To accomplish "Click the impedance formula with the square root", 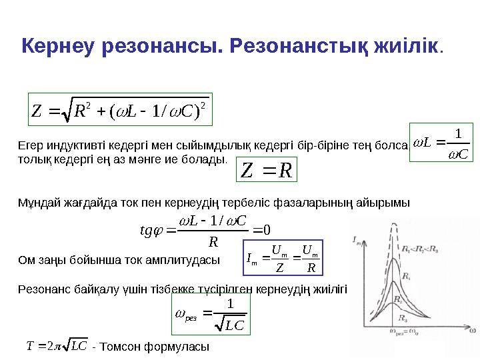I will click(x=121, y=109).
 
